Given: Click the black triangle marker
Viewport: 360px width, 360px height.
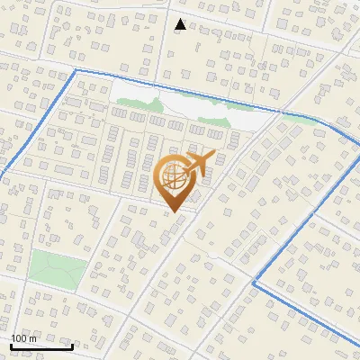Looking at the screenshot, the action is point(180,24).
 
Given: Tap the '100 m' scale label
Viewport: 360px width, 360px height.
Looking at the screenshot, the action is point(24,338).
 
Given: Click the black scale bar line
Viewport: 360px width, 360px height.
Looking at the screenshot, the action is point(41,346).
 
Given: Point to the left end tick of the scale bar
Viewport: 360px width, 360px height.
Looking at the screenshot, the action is point(10,345).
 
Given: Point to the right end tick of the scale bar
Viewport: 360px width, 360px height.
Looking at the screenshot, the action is point(73,345).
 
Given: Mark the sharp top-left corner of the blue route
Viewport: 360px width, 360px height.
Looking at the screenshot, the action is point(76,69).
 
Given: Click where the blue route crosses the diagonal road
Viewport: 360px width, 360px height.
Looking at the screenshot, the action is point(280,112).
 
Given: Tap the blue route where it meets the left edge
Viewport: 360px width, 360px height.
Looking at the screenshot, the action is point(2,175).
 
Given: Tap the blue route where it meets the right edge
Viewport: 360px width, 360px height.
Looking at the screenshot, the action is point(358,340).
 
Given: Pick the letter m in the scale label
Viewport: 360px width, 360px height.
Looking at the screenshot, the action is point(33,338).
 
